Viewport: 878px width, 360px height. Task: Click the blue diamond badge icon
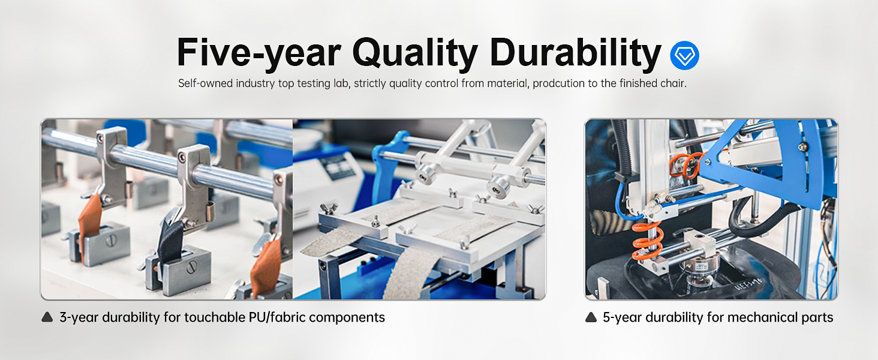[684, 56]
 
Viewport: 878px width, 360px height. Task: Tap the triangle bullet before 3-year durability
[47, 317]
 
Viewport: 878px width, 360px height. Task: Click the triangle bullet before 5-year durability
[591, 317]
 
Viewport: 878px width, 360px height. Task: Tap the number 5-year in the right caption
[622, 317]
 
